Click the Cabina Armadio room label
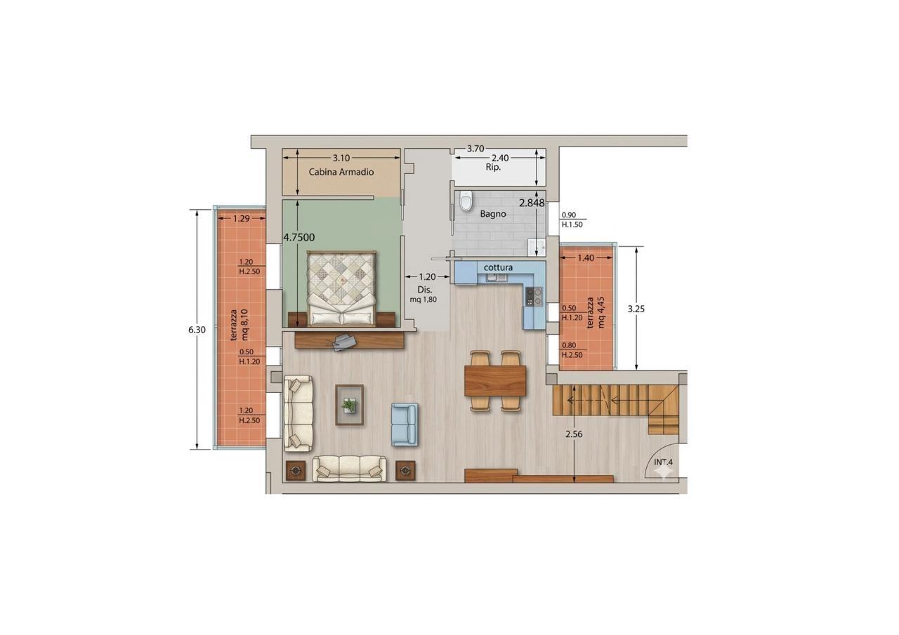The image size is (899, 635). click(x=341, y=172)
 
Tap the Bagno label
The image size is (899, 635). click(x=493, y=214)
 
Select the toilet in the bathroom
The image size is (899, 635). click(x=466, y=201)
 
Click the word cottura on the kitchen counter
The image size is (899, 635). click(x=498, y=267)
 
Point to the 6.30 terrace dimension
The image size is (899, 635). click(x=197, y=330)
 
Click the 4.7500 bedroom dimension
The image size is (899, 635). click(x=299, y=237)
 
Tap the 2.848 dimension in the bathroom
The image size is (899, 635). click(x=532, y=203)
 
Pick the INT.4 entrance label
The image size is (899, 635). click(x=664, y=462)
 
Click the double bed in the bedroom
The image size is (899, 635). click(x=341, y=288)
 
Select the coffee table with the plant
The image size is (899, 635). click(x=350, y=405)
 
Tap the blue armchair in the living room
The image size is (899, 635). click(x=405, y=425)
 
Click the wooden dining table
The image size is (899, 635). click(x=495, y=381)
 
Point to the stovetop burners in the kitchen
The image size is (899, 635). click(x=534, y=297)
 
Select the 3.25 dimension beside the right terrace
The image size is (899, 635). click(x=636, y=309)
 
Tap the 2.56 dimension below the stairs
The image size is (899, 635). click(x=574, y=434)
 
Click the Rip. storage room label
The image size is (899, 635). click(x=493, y=167)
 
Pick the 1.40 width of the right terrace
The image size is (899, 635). click(x=586, y=258)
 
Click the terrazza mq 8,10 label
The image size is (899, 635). click(x=239, y=325)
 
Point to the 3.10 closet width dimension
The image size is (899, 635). click(x=341, y=159)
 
